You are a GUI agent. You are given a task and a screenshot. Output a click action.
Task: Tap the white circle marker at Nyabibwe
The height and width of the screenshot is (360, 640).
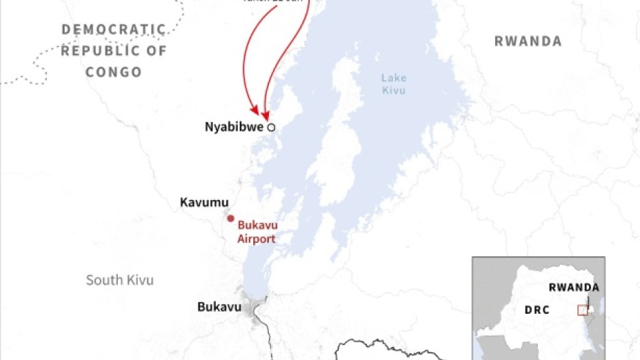click(271, 127)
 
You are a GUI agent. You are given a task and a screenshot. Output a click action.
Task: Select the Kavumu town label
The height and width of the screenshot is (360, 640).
click(204, 202)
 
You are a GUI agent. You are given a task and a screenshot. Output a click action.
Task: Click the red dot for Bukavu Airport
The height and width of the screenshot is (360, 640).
click(230, 218)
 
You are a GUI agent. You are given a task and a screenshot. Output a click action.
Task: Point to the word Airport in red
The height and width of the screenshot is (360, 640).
click(256, 238)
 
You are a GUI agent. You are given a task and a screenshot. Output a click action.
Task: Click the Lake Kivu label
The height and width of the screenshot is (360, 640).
click(394, 84)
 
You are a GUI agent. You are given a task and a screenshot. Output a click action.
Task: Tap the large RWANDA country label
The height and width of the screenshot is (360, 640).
click(528, 42)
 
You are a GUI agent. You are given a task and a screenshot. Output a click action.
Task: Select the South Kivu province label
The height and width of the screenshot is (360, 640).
click(120, 280)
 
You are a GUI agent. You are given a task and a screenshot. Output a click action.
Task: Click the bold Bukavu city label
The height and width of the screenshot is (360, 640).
click(219, 307)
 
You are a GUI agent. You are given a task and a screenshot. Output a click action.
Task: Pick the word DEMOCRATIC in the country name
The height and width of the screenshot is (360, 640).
click(114, 29)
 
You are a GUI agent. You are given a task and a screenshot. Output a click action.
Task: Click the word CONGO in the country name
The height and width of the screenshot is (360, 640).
click(113, 72)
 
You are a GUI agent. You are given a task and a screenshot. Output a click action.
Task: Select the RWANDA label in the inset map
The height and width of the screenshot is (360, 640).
click(573, 287)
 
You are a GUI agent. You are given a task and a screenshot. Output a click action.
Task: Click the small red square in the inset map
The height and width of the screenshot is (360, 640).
click(582, 310)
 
